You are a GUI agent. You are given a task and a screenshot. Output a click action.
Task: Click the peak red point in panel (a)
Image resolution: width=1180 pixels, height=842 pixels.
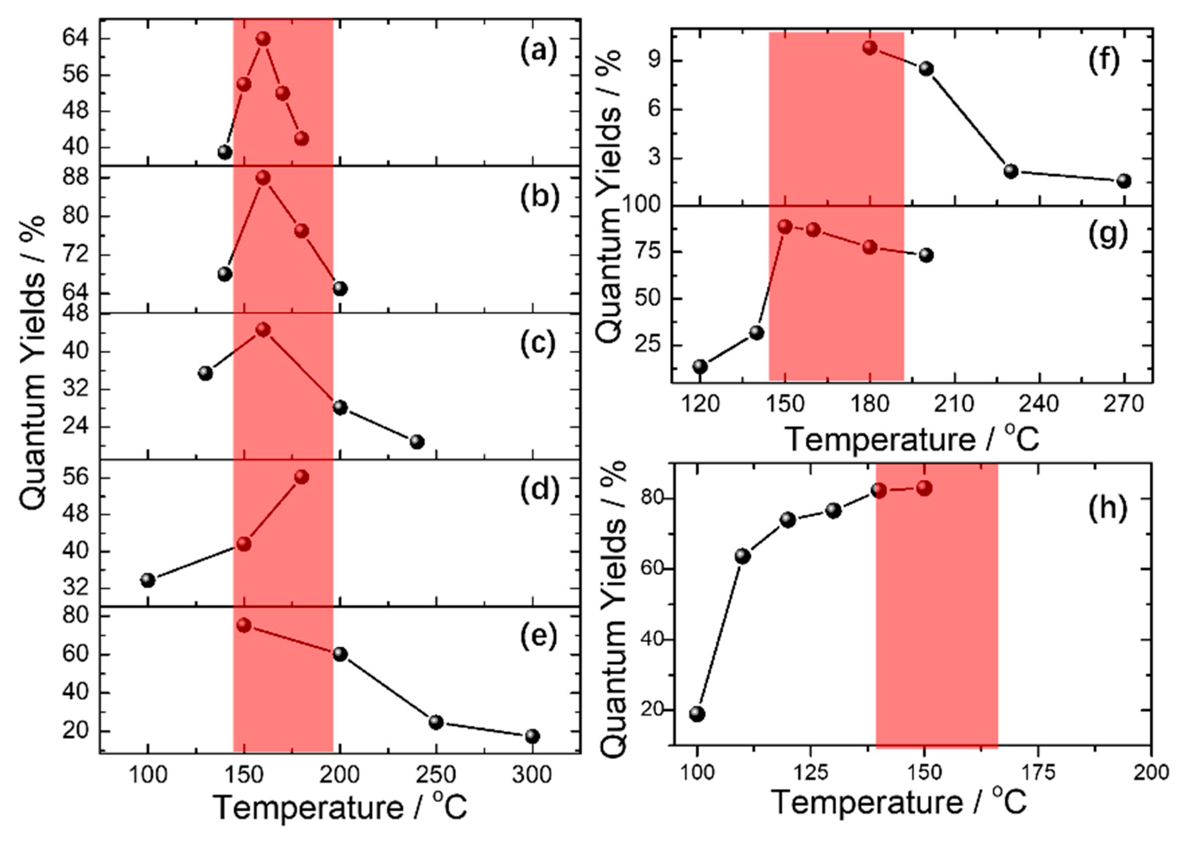pos(263,39)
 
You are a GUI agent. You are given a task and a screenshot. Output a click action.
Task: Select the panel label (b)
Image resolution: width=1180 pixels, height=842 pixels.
pos(539,197)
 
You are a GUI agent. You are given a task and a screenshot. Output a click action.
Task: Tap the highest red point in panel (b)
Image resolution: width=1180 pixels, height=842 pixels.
pos(263,178)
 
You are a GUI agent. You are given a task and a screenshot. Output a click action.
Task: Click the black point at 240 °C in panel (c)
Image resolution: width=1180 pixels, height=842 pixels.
pos(417,442)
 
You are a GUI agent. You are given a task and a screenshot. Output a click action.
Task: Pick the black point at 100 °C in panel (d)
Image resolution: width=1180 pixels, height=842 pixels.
pos(148,580)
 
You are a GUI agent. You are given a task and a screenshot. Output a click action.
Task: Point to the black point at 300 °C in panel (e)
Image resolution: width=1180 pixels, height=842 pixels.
pos(532,736)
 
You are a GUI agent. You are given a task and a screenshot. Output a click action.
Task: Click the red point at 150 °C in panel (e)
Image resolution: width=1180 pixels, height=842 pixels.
pos(244,626)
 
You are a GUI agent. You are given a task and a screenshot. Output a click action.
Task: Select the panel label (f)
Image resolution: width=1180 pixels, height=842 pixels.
pos(1104,61)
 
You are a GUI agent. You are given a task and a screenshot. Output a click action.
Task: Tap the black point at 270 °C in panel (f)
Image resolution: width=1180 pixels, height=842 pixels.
pos(1124,181)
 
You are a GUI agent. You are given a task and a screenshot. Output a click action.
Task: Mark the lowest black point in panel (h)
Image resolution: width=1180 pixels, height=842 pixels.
pos(697,714)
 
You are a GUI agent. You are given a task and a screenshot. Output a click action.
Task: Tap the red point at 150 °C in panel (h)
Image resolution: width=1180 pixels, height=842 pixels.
pos(924,488)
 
